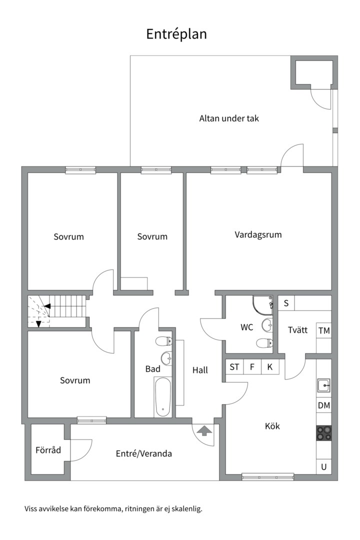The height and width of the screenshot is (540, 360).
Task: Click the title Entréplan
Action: click(176, 34)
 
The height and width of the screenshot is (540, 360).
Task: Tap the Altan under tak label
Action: click(229, 118)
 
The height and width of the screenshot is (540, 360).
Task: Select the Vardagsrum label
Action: click(258, 234)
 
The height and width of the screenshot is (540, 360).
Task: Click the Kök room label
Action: click(272, 426)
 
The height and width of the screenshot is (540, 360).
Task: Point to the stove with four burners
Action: click(324, 432)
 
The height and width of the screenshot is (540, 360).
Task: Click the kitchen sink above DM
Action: click(324, 385)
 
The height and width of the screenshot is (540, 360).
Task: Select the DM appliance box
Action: click(324, 405)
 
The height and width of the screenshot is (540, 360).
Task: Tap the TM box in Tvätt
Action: click(324, 330)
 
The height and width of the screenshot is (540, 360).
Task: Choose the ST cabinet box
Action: click(234, 366)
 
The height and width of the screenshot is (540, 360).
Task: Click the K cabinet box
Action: click(270, 366)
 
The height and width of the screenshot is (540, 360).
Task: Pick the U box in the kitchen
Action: click(324, 467)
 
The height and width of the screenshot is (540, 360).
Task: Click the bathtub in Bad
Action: click(162, 397)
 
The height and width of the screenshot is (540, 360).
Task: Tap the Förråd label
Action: click(48, 450)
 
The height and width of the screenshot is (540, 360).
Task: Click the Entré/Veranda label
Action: click(144, 453)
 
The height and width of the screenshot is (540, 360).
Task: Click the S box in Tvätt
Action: click(286, 303)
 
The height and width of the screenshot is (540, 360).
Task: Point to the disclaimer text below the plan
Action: click(113, 509)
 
